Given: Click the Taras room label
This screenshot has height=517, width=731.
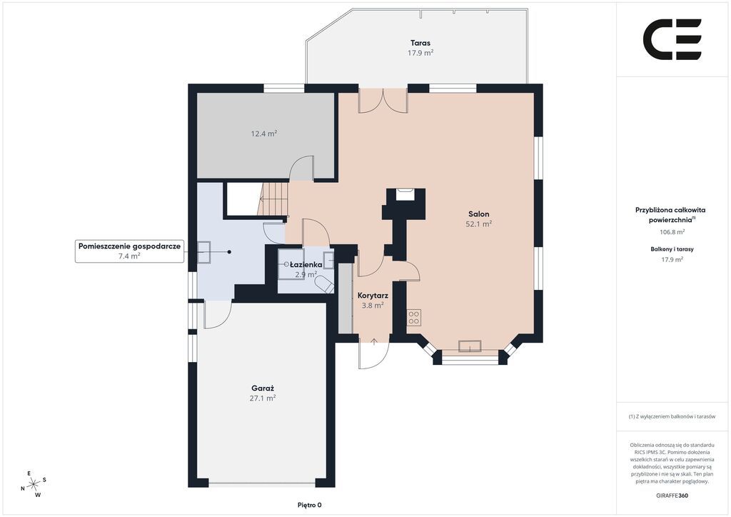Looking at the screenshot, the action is click(420, 43).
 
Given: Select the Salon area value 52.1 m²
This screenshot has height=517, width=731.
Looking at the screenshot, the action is click(479, 224).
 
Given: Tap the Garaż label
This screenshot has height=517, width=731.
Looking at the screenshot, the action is click(263, 388).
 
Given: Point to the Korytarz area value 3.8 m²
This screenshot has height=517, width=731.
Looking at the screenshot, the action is click(373, 306).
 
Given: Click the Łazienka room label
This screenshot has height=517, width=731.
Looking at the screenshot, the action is click(306, 265).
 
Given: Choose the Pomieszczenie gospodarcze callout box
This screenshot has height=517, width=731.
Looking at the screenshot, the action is click(130, 251).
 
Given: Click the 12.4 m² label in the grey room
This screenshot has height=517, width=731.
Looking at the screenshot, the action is click(264, 134).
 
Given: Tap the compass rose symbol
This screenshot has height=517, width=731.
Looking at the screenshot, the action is click(34, 484).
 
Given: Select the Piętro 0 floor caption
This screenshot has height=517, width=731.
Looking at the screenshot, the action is click(310, 505).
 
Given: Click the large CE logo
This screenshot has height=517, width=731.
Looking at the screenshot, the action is click(672, 39).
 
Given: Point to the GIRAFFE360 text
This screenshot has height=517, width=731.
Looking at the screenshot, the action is click(672, 496).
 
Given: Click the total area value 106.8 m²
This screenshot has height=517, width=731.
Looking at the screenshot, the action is click(672, 231).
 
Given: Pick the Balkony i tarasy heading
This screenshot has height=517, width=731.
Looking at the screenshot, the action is click(672, 249).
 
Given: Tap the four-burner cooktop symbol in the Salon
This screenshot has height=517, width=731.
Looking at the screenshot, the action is click(414, 318).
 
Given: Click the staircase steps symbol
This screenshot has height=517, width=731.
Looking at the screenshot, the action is click(273, 199).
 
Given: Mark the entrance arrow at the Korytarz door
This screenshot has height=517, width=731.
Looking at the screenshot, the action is click(374, 342).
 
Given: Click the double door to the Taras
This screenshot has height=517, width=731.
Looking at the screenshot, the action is click(383, 101).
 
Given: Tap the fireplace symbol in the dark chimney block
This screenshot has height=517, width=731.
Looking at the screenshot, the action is click(404, 194).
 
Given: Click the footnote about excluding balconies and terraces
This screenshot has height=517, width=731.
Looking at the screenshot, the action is click(672, 416).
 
